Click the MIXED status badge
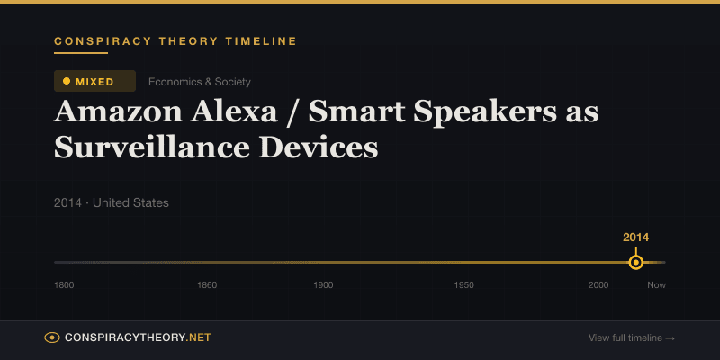[x=94, y=81]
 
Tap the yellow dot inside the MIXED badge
[x=67, y=81]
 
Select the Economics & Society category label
[x=199, y=82]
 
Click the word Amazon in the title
[x=119, y=113]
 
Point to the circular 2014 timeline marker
[x=636, y=263]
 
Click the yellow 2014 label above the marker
[x=636, y=238]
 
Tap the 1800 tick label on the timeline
[x=64, y=285]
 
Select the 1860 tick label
[x=207, y=285]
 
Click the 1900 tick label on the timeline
[x=323, y=285]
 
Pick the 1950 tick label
[x=464, y=285]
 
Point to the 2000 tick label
[x=598, y=285]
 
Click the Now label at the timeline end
[x=656, y=285]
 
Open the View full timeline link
[x=632, y=338]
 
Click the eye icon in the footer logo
[x=52, y=337]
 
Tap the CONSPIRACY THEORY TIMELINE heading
[x=175, y=41]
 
